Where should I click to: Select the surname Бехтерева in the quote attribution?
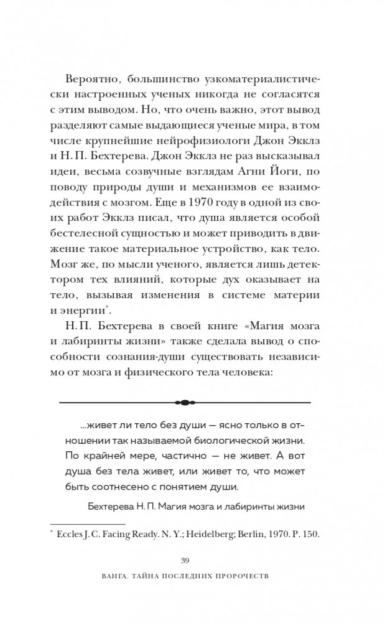[x=111, y=506]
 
